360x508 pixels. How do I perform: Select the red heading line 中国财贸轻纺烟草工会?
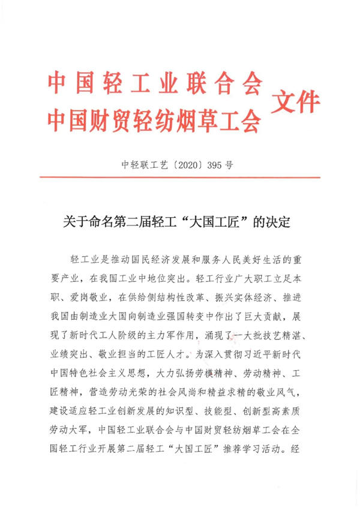[155, 122]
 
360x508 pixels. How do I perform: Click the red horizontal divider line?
[179, 177]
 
